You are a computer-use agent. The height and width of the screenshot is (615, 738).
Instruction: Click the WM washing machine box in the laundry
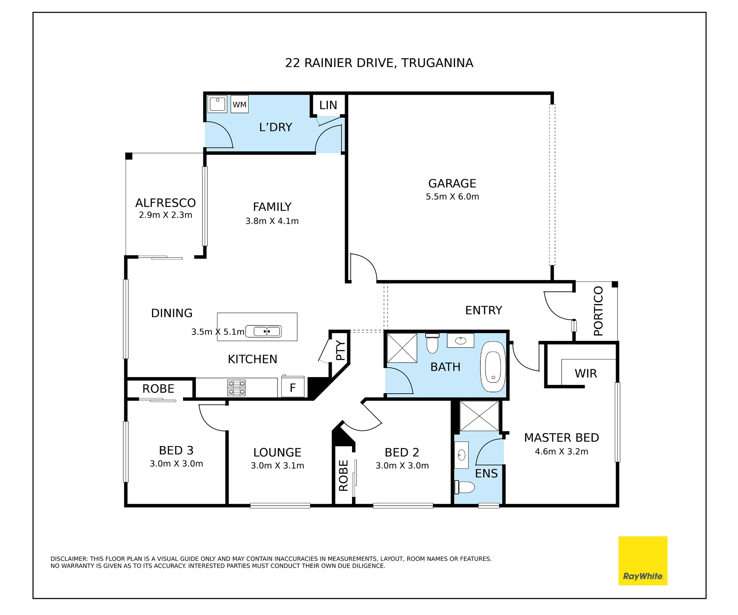[x=239, y=104]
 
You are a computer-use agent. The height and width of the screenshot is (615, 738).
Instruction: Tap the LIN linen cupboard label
[x=328, y=106]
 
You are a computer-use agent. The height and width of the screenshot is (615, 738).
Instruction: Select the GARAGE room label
[x=452, y=183]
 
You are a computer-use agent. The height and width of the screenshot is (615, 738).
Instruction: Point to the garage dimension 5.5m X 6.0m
[x=452, y=197]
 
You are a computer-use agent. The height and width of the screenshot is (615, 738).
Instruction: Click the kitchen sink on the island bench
[x=263, y=331]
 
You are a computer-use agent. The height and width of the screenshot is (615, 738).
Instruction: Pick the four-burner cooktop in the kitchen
[x=236, y=388]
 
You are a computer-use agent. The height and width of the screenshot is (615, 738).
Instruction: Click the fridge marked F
[x=293, y=387]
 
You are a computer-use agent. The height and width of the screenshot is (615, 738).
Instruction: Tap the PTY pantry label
[x=341, y=350]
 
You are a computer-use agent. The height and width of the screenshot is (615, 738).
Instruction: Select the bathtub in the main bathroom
[x=493, y=367]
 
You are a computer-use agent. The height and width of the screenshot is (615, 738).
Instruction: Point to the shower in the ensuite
[x=479, y=416]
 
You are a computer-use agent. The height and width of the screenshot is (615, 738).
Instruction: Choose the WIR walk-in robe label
[x=586, y=373]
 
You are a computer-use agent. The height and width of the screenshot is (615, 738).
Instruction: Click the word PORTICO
[x=598, y=311]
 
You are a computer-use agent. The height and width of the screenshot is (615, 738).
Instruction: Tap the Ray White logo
[x=643, y=561]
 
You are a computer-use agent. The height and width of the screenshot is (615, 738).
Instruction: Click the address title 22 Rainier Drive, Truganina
[x=379, y=63]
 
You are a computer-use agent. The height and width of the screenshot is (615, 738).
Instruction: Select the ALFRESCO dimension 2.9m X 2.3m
[x=165, y=215]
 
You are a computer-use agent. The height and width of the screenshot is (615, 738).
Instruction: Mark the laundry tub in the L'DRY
[x=217, y=104]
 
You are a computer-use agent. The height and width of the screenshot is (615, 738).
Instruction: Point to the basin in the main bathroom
[x=461, y=341]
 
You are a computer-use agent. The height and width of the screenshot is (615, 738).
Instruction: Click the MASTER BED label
[x=561, y=438]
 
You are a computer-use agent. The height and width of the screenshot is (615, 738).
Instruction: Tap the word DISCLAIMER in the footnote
[x=69, y=559]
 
